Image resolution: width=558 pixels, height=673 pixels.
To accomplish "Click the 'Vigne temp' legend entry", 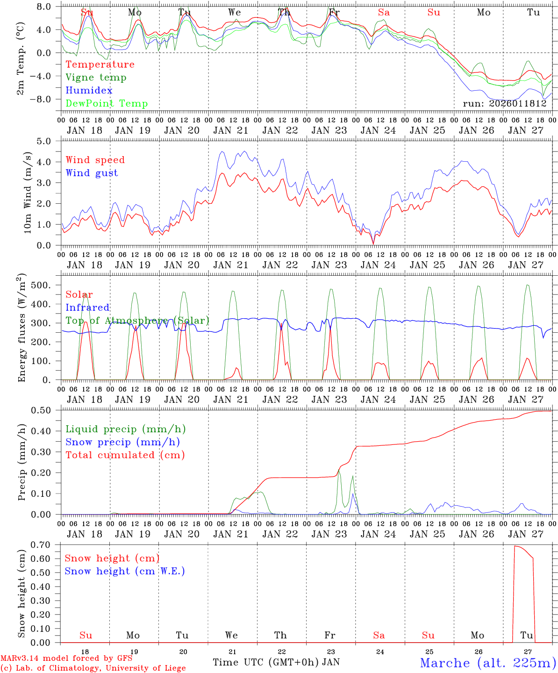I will [96, 78].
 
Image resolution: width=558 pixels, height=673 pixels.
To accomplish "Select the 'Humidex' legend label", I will [89, 91].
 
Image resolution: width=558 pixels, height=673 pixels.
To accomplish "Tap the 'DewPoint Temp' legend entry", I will [107, 104].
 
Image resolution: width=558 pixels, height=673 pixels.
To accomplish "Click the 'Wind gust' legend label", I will [92, 173].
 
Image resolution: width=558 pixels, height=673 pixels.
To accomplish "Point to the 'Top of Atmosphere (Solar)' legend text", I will [137, 321].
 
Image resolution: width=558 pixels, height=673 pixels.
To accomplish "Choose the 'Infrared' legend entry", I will [87, 308].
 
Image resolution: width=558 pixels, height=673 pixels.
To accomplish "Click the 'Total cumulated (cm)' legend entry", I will [125, 455].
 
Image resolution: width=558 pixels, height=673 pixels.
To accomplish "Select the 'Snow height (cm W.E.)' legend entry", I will [125, 571].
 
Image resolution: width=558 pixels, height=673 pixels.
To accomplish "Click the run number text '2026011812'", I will [519, 104].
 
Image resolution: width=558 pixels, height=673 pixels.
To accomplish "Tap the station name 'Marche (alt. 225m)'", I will [488, 663].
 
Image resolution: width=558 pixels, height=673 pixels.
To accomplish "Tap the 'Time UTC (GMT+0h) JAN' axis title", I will [276, 662].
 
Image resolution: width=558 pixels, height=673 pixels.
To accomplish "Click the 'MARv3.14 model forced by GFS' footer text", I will [66, 659].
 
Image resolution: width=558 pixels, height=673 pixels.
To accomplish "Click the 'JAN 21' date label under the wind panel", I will [231, 265].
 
